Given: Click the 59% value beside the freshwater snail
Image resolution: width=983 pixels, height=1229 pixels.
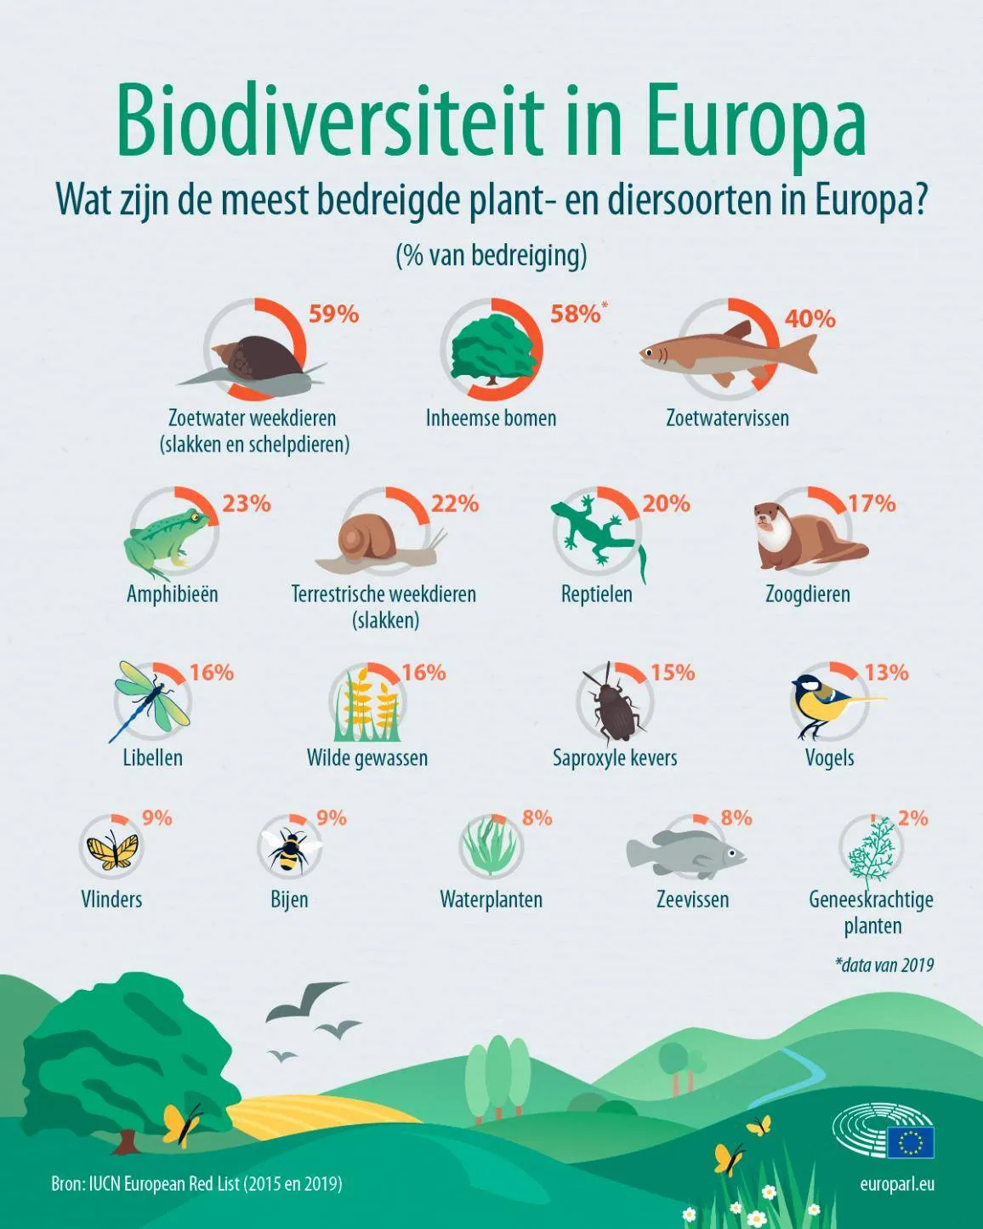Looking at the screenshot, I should coord(333,314).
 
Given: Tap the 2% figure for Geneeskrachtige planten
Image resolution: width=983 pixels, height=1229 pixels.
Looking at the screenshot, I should coord(912,818).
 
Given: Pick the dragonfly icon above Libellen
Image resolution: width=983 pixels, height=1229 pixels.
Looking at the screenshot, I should coord(151,700).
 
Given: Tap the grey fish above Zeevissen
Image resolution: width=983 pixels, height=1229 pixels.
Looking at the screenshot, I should coord(685,851).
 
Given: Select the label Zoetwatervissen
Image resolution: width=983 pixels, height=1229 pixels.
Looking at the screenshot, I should coord(727,418).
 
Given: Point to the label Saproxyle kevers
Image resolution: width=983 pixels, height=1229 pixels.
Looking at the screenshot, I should coord(615,758).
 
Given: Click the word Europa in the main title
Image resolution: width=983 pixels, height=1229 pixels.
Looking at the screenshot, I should coord(755,122).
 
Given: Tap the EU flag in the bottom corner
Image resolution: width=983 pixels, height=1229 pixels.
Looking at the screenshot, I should coord(910,1142).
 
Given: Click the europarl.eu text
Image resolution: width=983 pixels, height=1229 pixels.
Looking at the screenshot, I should coord(897,1183).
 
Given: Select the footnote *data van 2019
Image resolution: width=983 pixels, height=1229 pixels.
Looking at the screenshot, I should coord(884,964).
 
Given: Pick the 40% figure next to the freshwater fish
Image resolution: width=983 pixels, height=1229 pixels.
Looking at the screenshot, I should coord(810,319).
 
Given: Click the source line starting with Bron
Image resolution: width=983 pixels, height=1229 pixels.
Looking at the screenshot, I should coord(196,1183).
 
